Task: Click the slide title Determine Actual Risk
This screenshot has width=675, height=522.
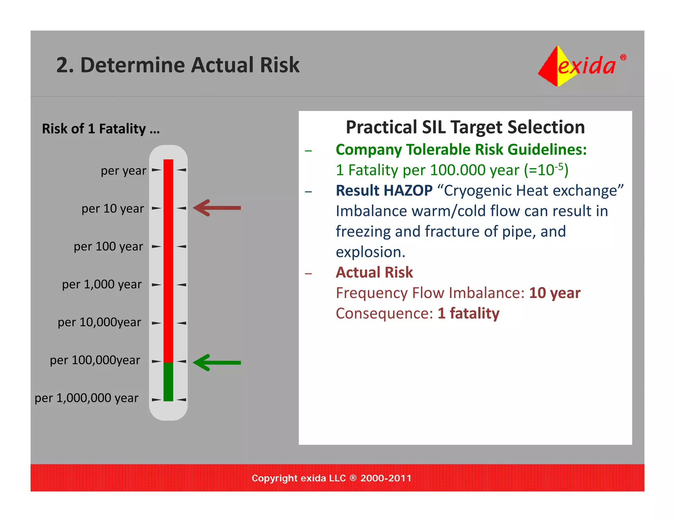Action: pos(178,65)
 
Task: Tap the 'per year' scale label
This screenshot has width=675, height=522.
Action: pos(123,171)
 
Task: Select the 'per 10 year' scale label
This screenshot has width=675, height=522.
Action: pos(113,209)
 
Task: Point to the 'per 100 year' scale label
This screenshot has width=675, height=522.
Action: pos(108,246)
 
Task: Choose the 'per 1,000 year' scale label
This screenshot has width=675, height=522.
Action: pos(102,284)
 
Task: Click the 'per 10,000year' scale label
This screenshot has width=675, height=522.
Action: pos(99,322)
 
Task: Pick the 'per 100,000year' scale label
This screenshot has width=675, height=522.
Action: pos(95,360)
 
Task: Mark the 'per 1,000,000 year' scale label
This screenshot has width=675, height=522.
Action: pos(86,398)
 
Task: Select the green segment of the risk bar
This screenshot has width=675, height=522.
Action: pos(168,382)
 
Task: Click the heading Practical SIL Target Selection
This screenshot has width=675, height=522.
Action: pos(465,127)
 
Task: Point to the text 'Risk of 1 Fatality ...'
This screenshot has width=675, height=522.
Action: pos(101,129)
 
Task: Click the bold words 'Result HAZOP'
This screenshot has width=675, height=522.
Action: pos(384,191)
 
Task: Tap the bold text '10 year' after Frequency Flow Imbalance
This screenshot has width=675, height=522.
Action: pos(555,293)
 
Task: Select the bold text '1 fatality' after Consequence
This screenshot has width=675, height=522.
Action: pos(468,313)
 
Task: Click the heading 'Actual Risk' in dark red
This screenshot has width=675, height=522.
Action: pos(374,273)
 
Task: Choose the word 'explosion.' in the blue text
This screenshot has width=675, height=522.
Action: pos(370,252)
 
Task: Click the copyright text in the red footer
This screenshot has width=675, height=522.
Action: pos(332,478)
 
